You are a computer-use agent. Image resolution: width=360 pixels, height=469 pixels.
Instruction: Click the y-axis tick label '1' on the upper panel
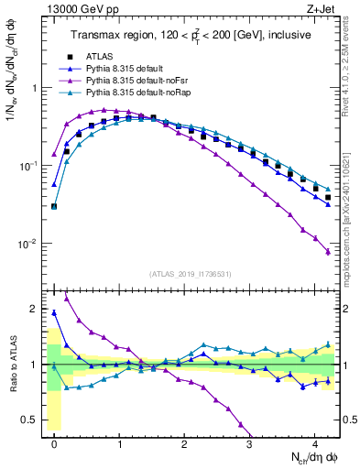click(35, 88)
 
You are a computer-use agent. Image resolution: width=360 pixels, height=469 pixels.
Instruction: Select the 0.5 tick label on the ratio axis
click(30, 420)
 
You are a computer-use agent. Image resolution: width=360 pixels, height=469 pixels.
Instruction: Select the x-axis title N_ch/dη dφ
click(301, 457)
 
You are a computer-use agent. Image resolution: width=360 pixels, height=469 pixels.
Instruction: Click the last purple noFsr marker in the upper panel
click(328, 252)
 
